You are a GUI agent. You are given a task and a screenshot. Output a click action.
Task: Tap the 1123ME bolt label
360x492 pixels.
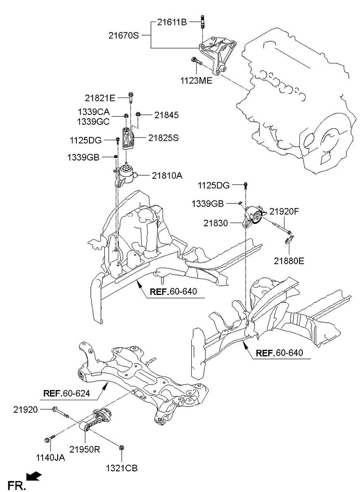pyautogui.click(x=195, y=81)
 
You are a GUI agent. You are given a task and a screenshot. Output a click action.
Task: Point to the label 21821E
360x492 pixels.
pyautogui.click(x=100, y=98)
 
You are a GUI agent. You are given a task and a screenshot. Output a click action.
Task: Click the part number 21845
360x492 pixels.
pyautogui.click(x=166, y=115)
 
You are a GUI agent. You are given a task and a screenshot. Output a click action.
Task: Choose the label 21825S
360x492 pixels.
pyautogui.click(x=163, y=138)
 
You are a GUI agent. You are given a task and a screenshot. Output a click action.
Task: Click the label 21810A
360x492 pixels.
pyautogui.click(x=167, y=176)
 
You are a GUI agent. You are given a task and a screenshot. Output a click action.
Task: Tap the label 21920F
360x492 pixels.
pyautogui.click(x=284, y=210)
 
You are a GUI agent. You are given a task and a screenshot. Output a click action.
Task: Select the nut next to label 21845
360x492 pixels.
pyautogui.click(x=138, y=114)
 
